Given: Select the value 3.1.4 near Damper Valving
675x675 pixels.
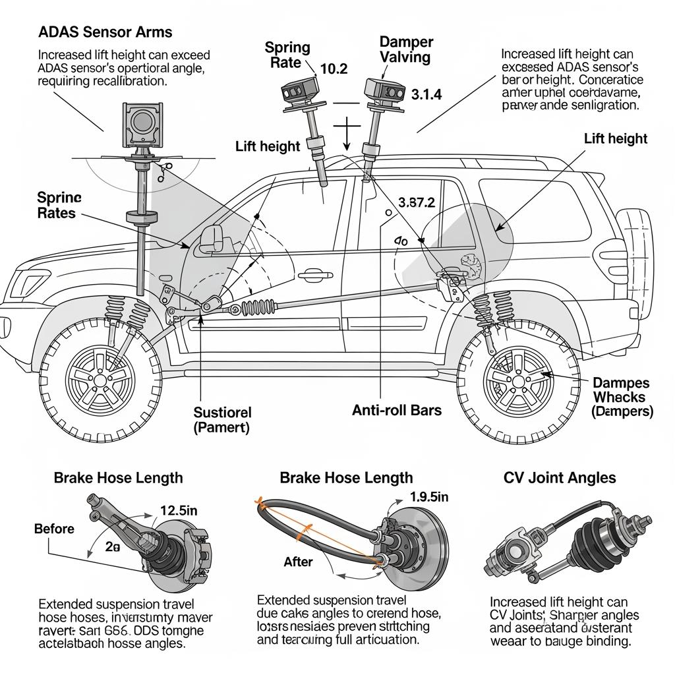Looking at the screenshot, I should tap(426, 94).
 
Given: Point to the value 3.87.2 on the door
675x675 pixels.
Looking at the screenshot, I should tap(417, 203).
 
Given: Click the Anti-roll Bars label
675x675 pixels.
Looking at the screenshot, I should tap(397, 410).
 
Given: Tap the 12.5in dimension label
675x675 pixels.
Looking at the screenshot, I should tap(179, 510).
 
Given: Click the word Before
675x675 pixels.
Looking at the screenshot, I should tap(54, 529).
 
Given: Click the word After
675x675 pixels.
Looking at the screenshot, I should tap(298, 562).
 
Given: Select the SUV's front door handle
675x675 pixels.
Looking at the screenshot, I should tap(310, 276).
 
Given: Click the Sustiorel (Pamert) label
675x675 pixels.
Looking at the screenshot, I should tap(222, 419).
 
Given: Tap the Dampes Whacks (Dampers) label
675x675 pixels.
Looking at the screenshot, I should tap(621, 397).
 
